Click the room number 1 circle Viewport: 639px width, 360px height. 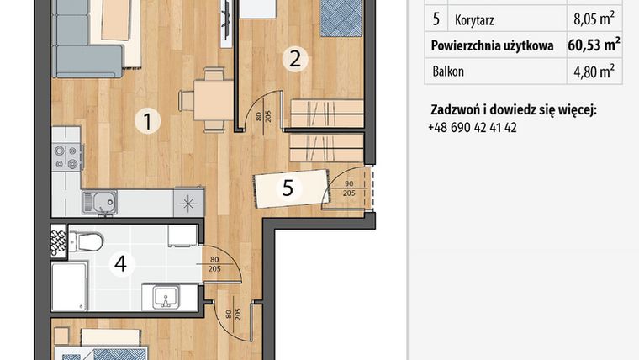147,122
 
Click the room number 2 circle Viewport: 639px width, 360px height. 294,59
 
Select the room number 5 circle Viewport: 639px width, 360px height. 288,188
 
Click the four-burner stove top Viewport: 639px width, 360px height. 66,156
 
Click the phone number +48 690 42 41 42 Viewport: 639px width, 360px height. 472,128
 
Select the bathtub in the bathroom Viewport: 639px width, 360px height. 69,287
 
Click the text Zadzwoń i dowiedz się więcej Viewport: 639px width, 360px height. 513,110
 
